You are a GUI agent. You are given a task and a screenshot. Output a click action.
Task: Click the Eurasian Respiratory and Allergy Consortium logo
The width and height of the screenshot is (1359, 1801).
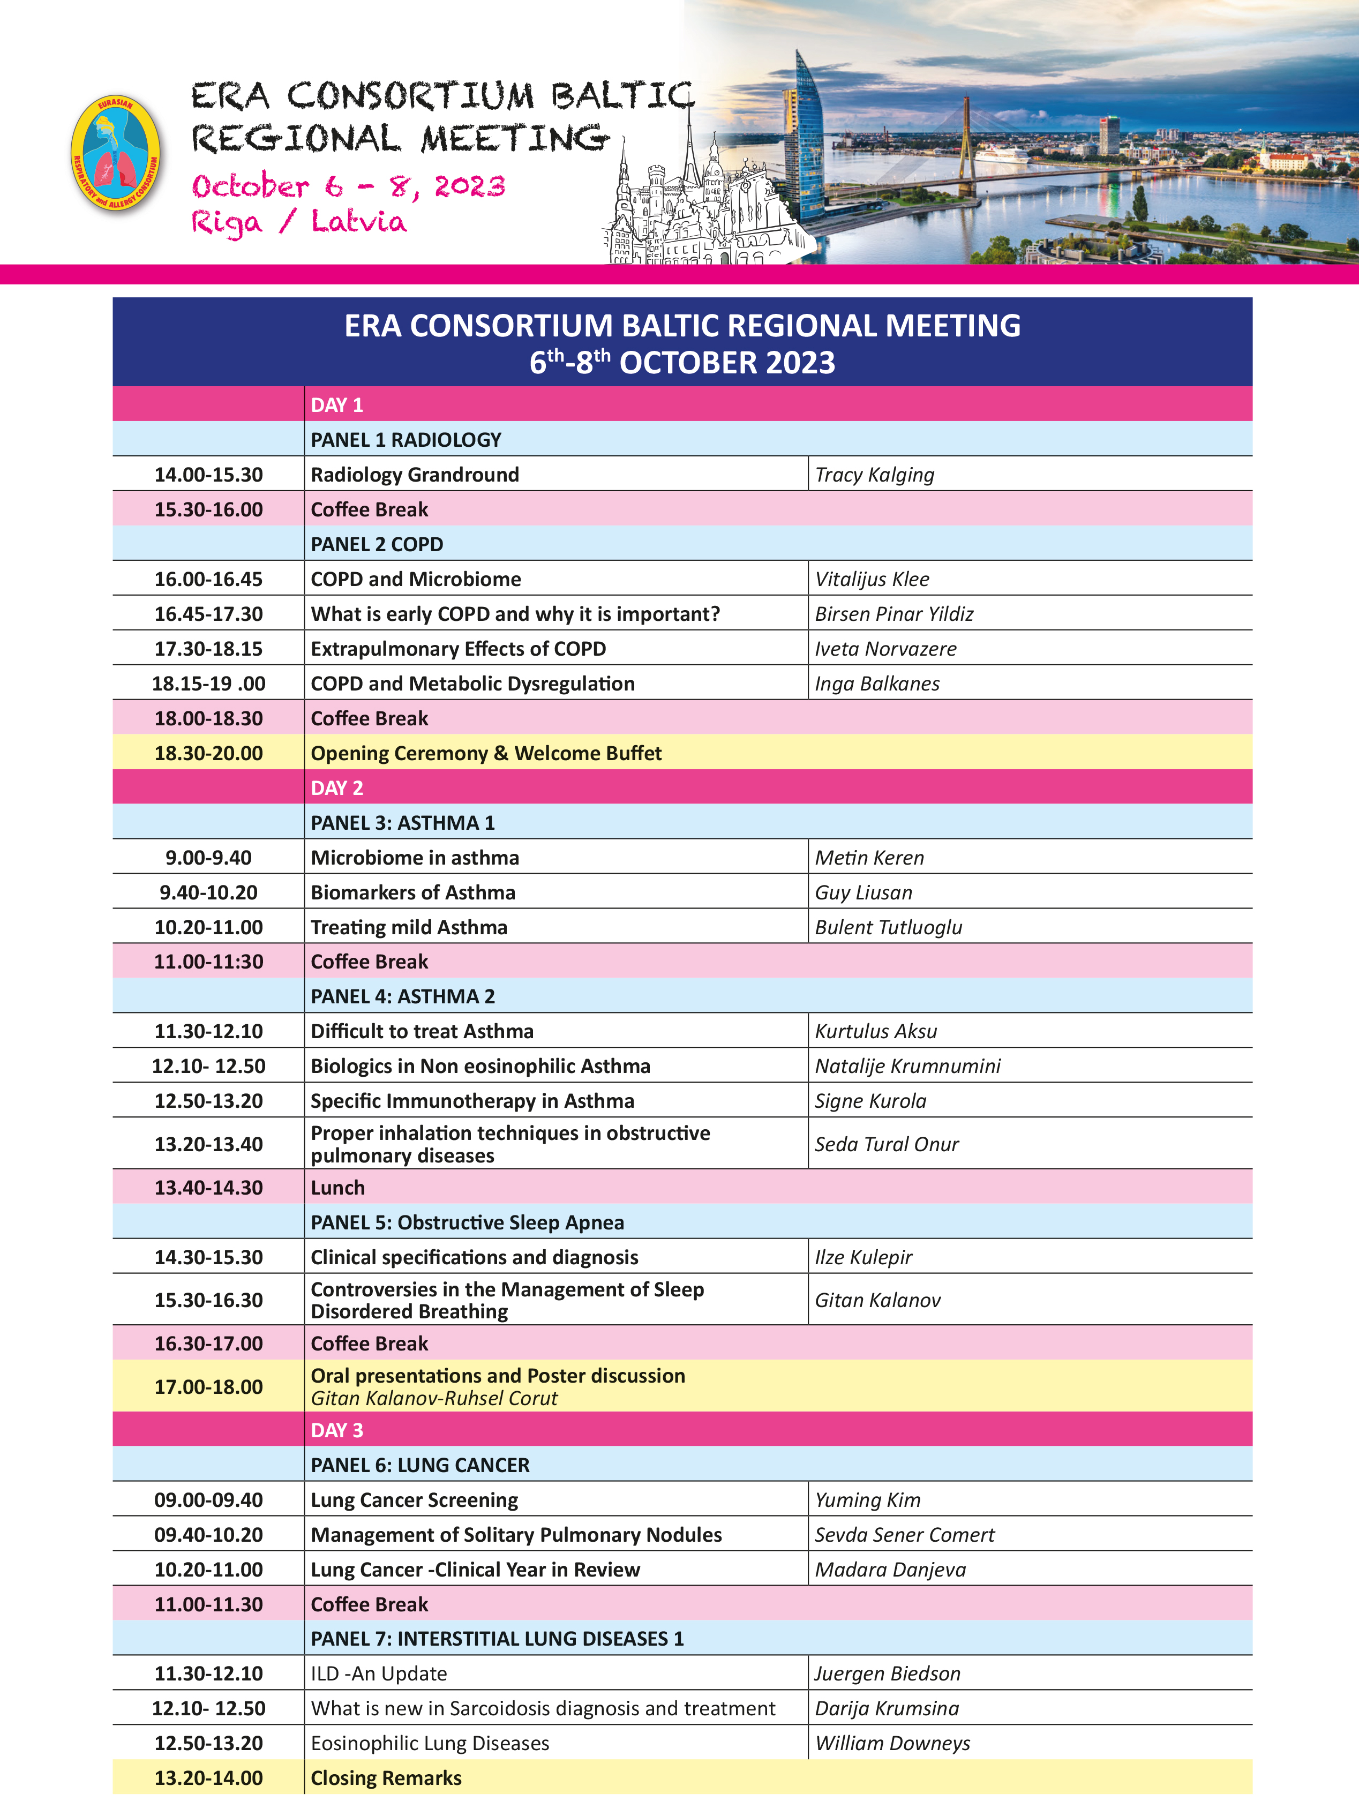point(116,153)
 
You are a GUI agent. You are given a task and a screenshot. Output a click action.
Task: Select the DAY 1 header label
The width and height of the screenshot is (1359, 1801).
point(336,404)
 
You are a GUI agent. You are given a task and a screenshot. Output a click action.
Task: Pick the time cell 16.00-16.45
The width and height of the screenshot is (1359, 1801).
point(208,579)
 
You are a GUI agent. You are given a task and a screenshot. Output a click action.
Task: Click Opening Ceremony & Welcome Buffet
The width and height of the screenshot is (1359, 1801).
point(486,753)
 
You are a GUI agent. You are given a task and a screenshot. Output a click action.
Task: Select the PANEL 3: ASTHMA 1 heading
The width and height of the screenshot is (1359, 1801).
point(402,822)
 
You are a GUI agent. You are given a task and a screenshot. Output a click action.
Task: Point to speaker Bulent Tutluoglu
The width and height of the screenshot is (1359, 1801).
point(888,927)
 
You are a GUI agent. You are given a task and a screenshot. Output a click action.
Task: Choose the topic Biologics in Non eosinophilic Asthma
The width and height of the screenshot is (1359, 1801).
point(480,1066)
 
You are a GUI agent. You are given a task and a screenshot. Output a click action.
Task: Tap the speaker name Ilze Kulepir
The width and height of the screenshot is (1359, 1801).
point(863,1257)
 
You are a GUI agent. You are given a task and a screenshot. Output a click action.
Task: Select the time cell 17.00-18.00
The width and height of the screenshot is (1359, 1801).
point(208,1386)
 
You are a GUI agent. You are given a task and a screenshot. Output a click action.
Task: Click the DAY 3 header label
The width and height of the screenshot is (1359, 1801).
point(336,1430)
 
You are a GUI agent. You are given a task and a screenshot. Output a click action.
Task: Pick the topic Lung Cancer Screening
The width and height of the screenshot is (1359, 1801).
point(415,1500)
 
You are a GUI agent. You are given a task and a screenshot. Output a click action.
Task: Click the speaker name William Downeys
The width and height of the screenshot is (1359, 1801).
point(892,1743)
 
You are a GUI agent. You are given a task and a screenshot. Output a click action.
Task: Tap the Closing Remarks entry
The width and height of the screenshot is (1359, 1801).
point(386,1778)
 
